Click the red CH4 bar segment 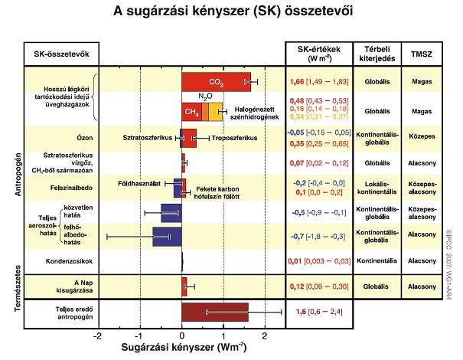pos(191,112)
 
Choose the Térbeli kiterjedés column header pos(376,53)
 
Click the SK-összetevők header pos(59,53)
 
